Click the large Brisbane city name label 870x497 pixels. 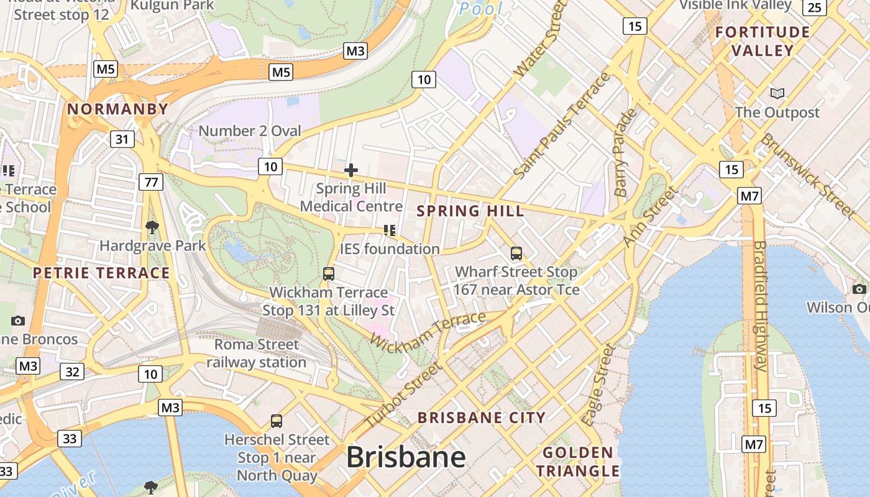point(406,457)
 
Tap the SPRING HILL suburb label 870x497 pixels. point(470,211)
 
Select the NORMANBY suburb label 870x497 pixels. point(117,109)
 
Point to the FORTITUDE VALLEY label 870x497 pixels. point(762,41)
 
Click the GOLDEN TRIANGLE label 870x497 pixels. point(578,462)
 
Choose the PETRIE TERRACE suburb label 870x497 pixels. point(101,273)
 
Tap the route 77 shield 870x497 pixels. point(151,182)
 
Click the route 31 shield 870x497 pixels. point(122,139)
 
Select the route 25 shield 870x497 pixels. point(815,7)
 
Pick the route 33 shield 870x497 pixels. point(70,439)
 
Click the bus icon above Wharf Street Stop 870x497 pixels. point(516,253)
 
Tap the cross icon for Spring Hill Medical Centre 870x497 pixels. point(351,170)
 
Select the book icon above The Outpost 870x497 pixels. point(777,94)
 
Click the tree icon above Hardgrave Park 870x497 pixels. point(152,227)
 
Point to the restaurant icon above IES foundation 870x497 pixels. point(390,231)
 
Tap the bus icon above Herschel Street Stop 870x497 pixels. point(277,421)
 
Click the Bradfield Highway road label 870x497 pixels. point(760,305)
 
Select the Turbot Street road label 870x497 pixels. point(402,395)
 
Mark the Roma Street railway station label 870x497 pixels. point(256,353)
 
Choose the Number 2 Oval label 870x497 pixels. point(250,130)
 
